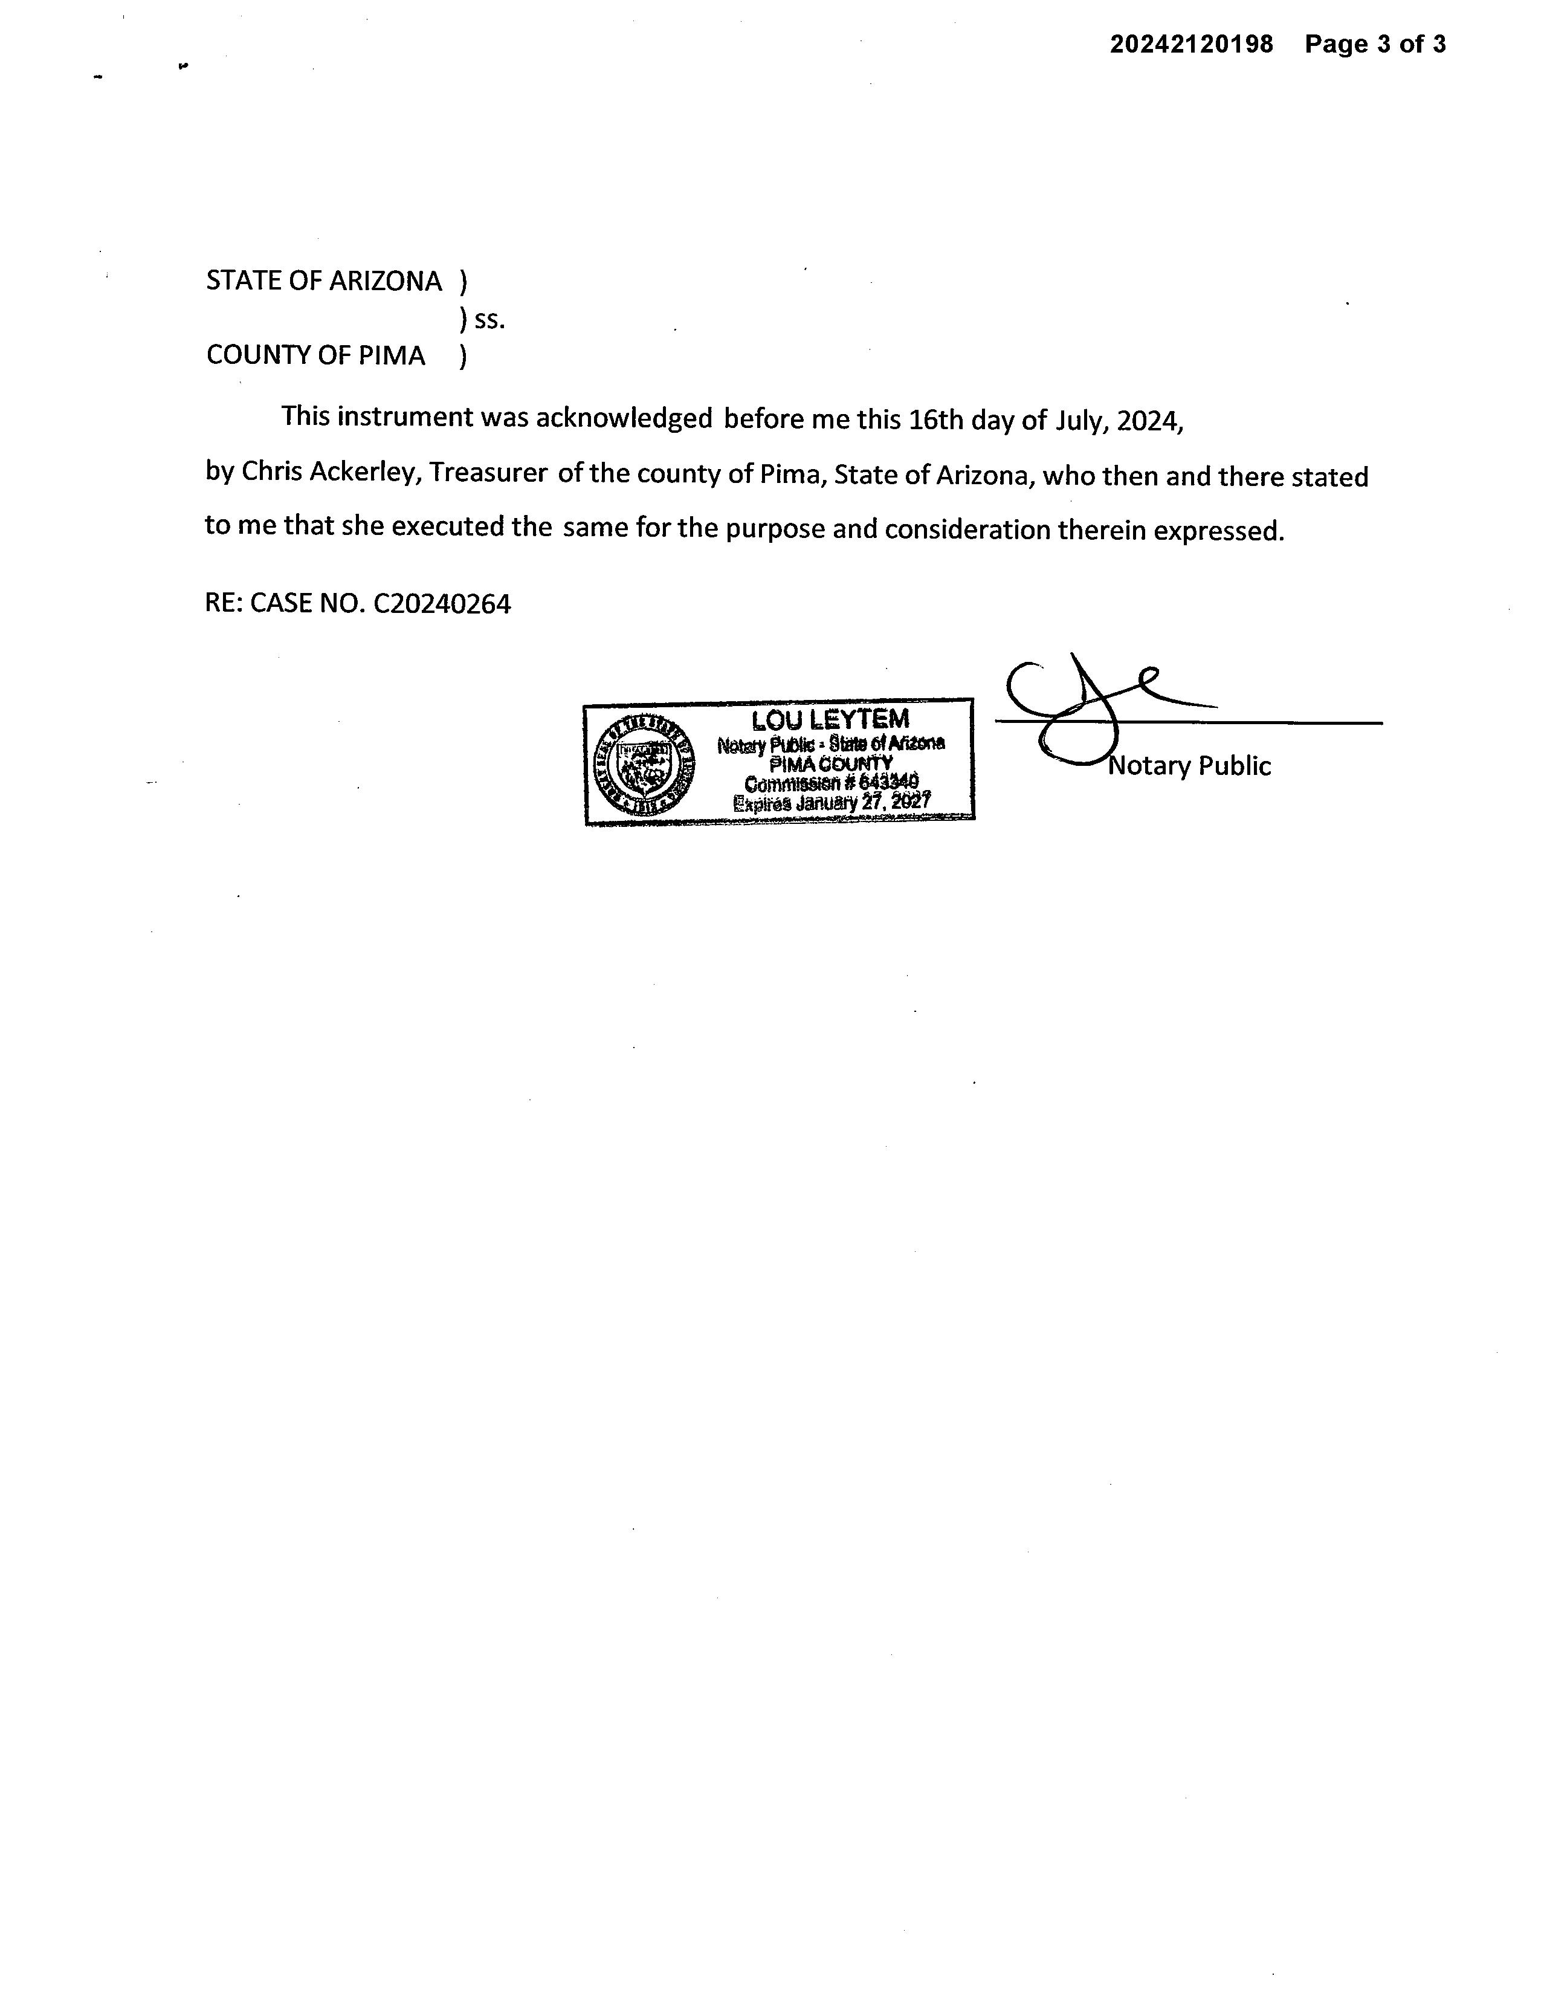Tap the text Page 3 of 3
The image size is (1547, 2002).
1375,44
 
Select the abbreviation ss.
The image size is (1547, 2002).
489,320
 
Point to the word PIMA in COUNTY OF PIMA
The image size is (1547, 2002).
392,355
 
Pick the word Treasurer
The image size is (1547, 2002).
488,473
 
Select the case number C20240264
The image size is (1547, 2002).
442,604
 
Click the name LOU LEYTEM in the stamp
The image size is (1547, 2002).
830,721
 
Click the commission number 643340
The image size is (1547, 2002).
888,783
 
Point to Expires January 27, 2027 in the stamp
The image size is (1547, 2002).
832,802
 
